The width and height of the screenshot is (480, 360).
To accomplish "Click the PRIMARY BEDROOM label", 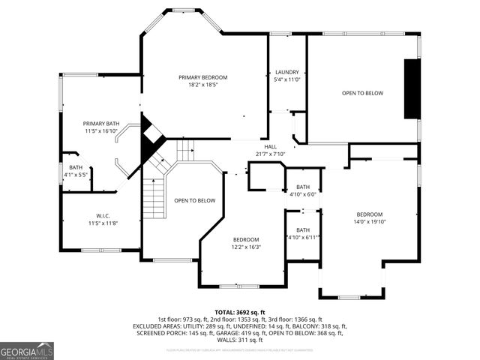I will [202, 77].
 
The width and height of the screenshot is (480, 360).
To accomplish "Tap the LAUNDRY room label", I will [286, 72].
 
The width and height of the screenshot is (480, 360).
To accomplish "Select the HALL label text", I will [271, 146].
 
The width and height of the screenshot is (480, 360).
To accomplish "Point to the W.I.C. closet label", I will [103, 215].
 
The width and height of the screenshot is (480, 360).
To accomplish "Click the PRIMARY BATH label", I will [101, 123].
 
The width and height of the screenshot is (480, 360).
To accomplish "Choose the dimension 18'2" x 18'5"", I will [202, 85].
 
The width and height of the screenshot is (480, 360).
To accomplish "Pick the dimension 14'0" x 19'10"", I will [369, 221].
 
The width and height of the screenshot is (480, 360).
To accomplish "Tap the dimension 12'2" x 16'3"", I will [245, 247].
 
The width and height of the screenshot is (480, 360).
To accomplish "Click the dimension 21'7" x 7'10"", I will [271, 154].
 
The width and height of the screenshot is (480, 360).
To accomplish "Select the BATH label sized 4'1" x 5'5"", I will [76, 167].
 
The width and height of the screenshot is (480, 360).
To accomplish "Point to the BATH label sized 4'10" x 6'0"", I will [303, 187].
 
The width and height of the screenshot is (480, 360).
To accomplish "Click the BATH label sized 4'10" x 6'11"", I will [303, 229].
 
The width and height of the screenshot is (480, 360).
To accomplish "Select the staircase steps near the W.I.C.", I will [153, 195].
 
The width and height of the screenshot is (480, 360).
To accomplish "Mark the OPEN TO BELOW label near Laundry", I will [362, 93].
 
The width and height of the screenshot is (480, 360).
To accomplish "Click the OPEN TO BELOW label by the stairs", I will [195, 200].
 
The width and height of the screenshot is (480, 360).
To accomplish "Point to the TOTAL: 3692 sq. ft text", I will [240, 312].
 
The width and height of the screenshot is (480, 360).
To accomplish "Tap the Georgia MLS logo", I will [27, 350].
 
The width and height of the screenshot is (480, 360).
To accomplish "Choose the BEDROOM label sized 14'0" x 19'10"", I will [369, 214].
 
